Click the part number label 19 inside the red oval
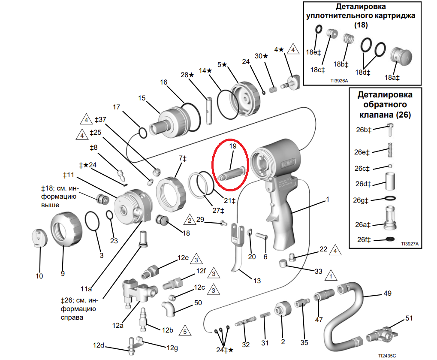point(233,146)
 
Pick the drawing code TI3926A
point(339,81)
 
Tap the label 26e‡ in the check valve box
point(362,152)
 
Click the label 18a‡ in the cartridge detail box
point(392,78)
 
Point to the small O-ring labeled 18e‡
point(319,29)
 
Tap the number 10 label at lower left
point(39,276)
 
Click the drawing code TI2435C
point(387,356)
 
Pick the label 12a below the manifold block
point(118,325)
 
